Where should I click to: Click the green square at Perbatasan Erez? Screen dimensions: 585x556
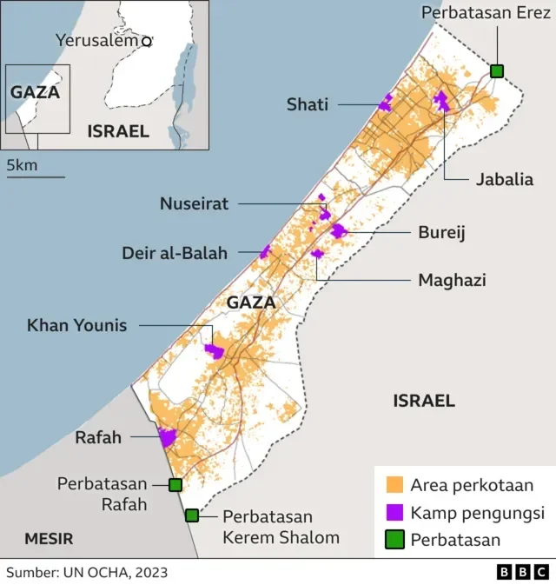pyautogui.click(x=497, y=71)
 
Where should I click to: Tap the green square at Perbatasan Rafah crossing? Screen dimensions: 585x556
pyautogui.click(x=175, y=485)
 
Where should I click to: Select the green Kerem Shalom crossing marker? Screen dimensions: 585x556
pyautogui.click(x=192, y=515)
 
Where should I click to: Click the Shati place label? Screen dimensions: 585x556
pyautogui.click(x=308, y=105)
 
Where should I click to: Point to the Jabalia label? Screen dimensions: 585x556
pyautogui.click(x=504, y=180)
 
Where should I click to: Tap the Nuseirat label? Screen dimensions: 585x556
pyautogui.click(x=194, y=204)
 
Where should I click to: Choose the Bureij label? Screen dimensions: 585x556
pyautogui.click(x=442, y=233)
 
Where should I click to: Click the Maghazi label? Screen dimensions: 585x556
pyautogui.click(x=451, y=280)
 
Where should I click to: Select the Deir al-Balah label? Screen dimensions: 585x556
pyautogui.click(x=175, y=254)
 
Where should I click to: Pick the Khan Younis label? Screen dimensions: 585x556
pyautogui.click(x=76, y=326)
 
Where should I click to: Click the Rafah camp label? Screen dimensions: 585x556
pyautogui.click(x=98, y=437)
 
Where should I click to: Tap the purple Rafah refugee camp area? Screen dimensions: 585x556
pyautogui.click(x=167, y=437)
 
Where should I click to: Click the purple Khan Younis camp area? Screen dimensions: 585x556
pyautogui.click(x=214, y=351)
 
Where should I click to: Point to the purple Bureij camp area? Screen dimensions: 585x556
pyautogui.click(x=338, y=231)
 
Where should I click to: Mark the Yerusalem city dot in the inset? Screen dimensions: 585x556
pyautogui.click(x=147, y=41)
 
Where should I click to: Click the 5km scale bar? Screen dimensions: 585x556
pyautogui.click(x=36, y=176)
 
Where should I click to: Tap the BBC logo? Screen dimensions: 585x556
pyautogui.click(x=522, y=572)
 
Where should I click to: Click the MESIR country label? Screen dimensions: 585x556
pyautogui.click(x=49, y=538)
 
